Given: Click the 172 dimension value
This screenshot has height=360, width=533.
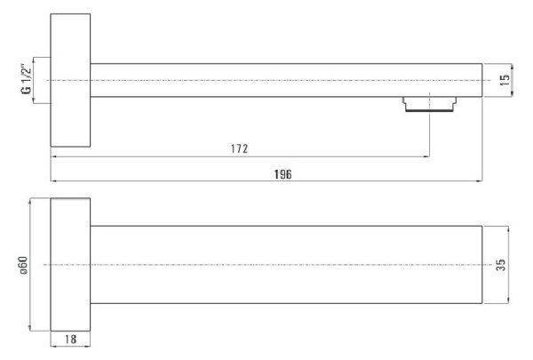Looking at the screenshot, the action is click(239, 148).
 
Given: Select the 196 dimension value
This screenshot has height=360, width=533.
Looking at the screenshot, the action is click(282, 174).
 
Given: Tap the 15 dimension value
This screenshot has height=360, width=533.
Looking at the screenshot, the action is click(505, 80).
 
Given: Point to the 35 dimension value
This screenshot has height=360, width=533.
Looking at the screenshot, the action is click(501, 265).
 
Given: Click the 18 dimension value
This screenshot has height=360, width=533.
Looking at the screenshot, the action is click(70, 339).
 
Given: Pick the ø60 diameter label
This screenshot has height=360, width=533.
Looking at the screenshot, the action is click(23, 266).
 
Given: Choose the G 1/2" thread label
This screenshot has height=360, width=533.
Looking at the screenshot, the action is click(26, 78).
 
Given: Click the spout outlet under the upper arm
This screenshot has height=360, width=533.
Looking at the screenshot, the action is click(430, 105).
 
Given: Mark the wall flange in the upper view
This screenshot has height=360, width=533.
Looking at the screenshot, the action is click(70, 80).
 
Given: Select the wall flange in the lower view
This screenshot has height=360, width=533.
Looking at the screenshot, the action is click(70, 264).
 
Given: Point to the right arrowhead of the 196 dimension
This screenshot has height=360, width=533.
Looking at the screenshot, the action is click(480, 181).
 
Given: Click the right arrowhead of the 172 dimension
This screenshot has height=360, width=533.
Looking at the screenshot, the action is click(426, 156).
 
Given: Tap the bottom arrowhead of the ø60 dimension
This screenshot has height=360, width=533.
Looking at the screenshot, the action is click(30, 327).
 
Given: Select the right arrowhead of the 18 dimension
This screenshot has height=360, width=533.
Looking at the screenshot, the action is click(87, 346).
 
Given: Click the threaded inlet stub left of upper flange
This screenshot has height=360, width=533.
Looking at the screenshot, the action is click(42, 80).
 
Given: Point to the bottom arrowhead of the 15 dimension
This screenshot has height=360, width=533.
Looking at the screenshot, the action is click(512, 94).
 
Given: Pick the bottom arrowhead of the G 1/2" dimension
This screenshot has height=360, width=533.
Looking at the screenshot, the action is click(34, 100).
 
